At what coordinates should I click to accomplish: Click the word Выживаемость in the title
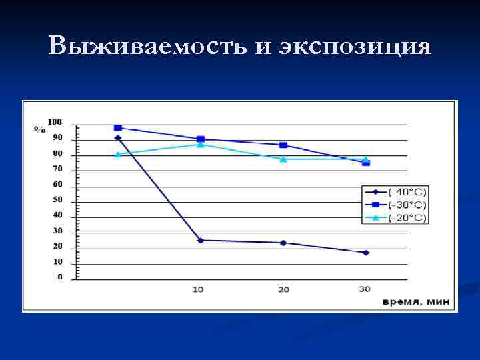[x=130, y=46]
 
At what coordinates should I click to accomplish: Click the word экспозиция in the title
[x=355, y=47]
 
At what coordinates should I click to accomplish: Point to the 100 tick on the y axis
[x=55, y=122]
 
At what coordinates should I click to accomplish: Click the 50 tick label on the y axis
[x=57, y=199]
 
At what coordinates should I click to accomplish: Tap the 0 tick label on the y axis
[x=60, y=276]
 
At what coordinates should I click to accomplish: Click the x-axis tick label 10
[x=198, y=289]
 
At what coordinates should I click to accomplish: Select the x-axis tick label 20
[x=283, y=289]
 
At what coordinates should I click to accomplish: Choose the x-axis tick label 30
[x=365, y=289]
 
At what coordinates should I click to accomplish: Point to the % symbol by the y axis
[x=40, y=129]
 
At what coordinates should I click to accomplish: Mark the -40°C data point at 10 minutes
[x=200, y=240]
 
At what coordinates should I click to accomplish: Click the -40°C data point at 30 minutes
[x=365, y=253]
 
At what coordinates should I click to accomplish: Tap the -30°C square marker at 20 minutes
[x=283, y=145]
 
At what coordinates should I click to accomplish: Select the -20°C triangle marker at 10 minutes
[x=200, y=144]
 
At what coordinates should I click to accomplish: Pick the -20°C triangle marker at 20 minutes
[x=283, y=159]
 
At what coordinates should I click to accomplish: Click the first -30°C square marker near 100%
[x=118, y=127]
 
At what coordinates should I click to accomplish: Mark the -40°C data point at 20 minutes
[x=283, y=243]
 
